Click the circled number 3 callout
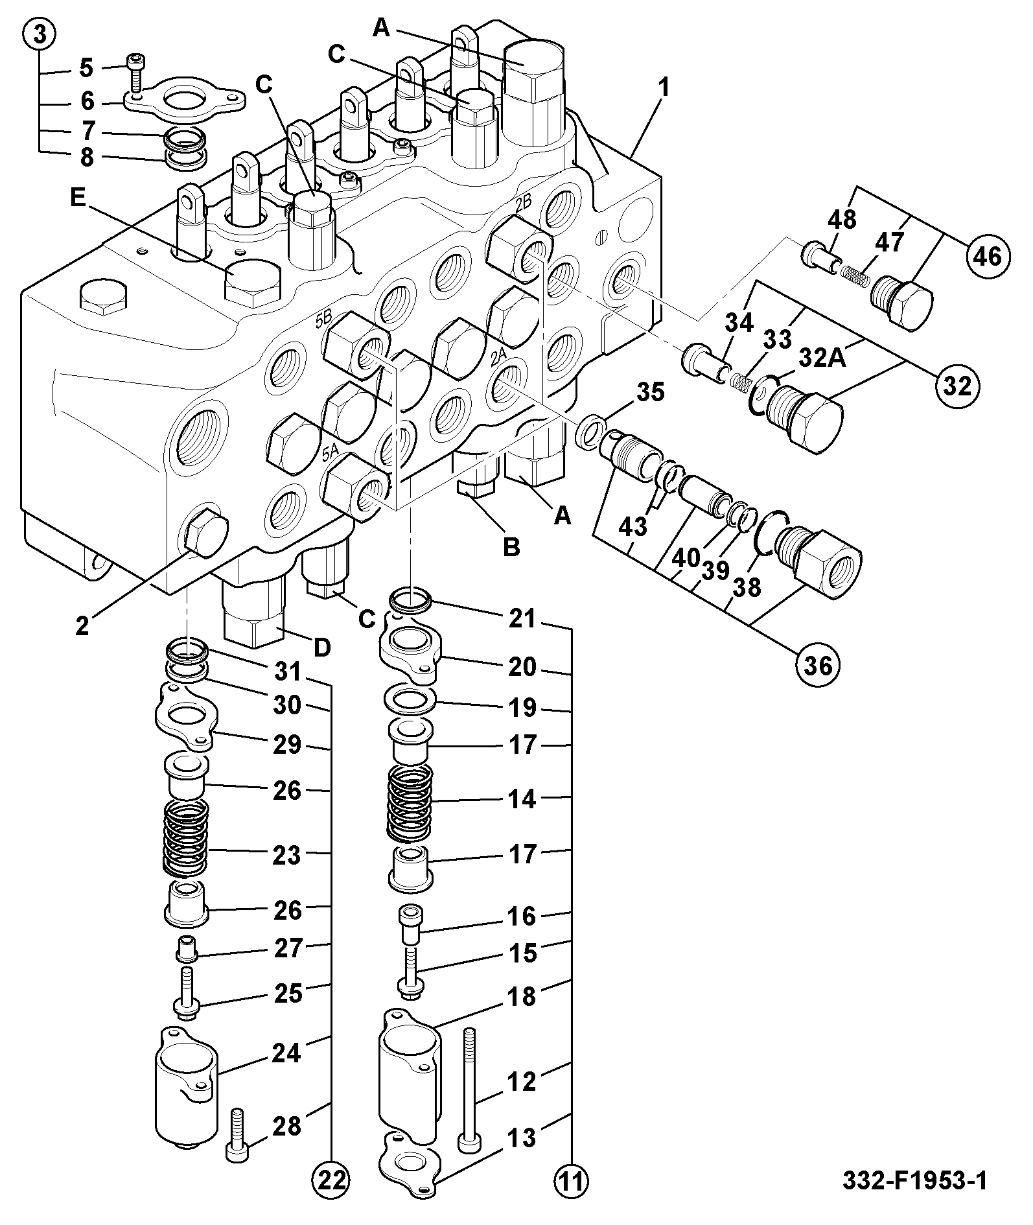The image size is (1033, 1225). (40, 36)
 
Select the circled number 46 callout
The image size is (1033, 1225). (984, 257)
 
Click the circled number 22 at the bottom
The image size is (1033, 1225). (332, 1197)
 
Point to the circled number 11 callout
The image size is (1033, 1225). (572, 1197)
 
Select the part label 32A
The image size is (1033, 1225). (822, 358)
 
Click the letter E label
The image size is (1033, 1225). (78, 198)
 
